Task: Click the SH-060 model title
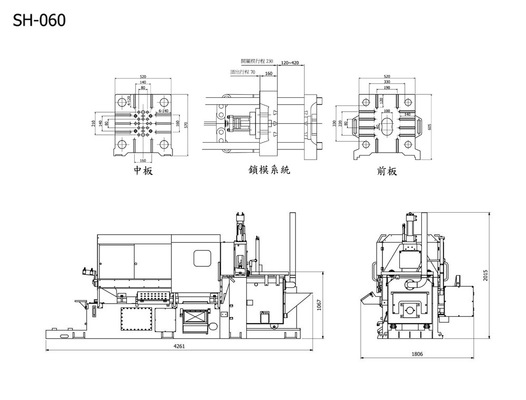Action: [x=39, y=21]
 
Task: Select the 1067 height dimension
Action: [x=319, y=305]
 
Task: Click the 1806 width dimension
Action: [x=417, y=354]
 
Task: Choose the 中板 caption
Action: [x=143, y=171]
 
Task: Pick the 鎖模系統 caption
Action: [x=269, y=170]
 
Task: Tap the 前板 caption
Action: [x=387, y=171]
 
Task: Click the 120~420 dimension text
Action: [x=290, y=63]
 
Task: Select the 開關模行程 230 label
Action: [x=257, y=62]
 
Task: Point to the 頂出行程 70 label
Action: [x=242, y=72]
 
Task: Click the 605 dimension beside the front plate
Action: [x=430, y=126]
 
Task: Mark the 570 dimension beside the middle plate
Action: [x=185, y=124]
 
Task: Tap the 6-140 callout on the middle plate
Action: [x=163, y=111]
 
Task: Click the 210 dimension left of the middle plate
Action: [x=94, y=123]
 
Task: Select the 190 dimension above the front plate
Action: [x=387, y=87]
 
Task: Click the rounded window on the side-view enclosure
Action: [x=202, y=258]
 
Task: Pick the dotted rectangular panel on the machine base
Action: [x=136, y=318]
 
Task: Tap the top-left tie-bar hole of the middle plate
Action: [x=122, y=101]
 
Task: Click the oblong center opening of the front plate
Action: [x=387, y=125]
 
